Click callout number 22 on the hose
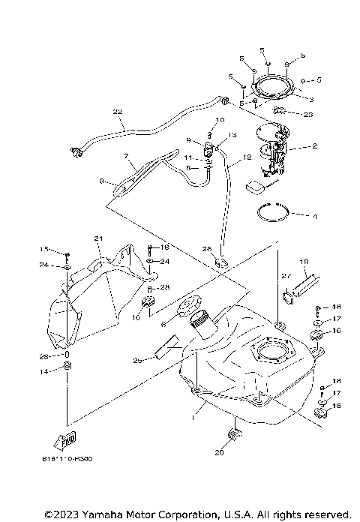pos(117,112)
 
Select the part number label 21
pos(98,238)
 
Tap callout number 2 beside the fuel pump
pos(316,147)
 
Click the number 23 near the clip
pos(308,114)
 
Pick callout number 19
pos(304,262)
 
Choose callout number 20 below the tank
pos(219,452)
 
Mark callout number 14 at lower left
pos(44,371)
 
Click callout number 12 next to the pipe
pos(247,158)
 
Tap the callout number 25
pos(137,361)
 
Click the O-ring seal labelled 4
pos(277,212)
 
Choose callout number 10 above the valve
pos(220,121)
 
